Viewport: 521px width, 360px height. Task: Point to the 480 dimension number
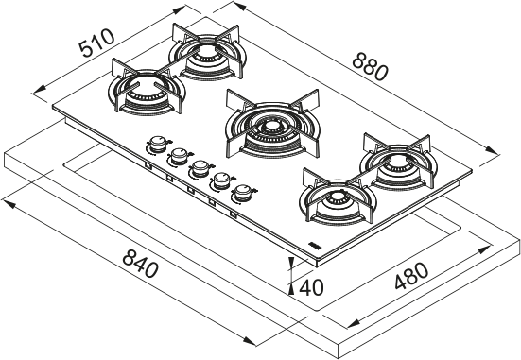pos(411,278)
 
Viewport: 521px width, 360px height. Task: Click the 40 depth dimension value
pos(311,286)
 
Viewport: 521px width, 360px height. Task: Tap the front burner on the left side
pos(146,92)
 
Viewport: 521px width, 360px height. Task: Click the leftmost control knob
pos(155,146)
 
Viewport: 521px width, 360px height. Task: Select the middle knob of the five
pos(199,169)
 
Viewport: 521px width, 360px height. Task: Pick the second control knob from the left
pos(176,157)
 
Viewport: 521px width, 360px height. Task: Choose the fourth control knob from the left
pos(221,180)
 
